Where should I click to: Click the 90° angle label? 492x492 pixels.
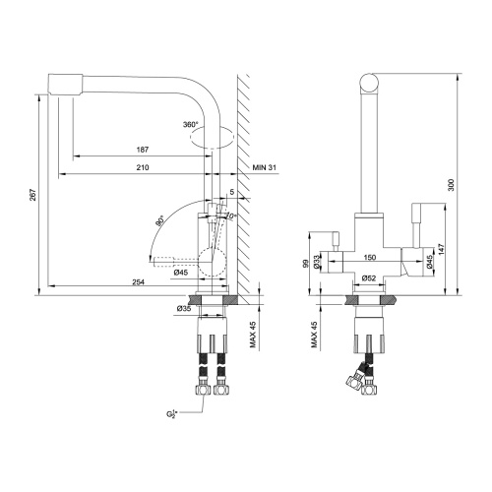point(159,222)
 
